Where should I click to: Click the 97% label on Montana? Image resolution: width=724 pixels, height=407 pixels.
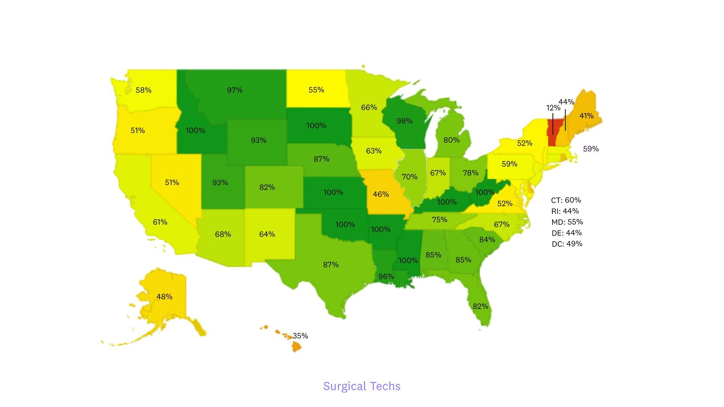235,90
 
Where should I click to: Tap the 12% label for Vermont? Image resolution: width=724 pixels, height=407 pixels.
553,108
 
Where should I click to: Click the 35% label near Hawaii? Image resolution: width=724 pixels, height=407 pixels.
300,336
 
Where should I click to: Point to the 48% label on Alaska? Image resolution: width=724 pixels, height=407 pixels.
164,297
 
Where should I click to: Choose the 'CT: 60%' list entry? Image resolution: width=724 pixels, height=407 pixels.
566,200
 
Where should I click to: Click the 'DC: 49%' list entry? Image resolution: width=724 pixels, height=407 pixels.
567,244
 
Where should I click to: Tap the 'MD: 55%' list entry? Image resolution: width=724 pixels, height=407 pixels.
567,222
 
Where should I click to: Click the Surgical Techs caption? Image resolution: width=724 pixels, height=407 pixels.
362,386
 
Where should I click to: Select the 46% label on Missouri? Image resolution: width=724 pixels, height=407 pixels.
380,194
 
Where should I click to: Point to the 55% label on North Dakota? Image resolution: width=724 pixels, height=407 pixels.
316,90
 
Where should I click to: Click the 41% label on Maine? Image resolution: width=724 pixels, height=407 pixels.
586,116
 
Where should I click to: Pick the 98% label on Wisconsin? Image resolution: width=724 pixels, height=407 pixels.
404,121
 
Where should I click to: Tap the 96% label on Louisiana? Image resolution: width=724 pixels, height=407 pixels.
386,277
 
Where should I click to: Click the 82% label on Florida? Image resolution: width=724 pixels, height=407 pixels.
480,306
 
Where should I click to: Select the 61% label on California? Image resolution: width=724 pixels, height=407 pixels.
160,222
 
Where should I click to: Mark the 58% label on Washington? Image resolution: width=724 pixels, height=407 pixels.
143,90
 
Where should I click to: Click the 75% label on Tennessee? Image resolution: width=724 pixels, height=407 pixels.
439,219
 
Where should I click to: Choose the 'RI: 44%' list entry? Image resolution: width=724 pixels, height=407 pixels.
565,211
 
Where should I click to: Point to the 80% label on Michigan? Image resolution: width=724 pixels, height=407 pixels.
451,140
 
